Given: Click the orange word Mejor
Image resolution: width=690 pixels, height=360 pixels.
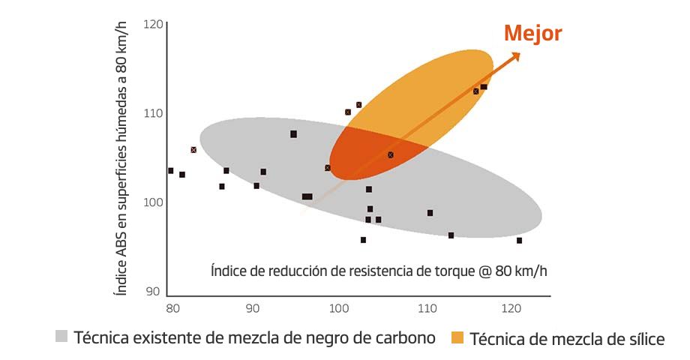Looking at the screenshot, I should click(x=532, y=33).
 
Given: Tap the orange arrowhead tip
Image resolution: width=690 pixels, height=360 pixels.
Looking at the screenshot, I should click(x=519, y=53).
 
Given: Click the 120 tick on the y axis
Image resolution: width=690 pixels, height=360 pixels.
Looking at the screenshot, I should click(x=154, y=25).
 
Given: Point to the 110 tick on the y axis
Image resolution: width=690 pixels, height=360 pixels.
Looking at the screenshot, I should click(x=154, y=113).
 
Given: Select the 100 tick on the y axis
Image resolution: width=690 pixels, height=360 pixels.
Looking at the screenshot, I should click(x=154, y=202).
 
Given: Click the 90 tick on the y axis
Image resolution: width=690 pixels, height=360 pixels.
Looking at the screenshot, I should click(x=154, y=291).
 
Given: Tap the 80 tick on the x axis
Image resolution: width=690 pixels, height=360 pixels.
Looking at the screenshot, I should click(x=171, y=307).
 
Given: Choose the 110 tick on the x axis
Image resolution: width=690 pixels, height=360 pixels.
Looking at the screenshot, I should click(x=427, y=307).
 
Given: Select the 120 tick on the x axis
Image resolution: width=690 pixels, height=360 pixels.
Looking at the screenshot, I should click(x=512, y=307).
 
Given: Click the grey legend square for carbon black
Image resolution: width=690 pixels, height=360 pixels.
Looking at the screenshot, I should click(x=61, y=336).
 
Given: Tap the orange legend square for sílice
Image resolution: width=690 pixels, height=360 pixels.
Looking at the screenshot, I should click(x=457, y=337).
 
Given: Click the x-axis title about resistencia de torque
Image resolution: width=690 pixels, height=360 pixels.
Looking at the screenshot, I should click(x=379, y=270).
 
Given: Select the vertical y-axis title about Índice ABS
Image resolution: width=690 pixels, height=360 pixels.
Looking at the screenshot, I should click(x=120, y=157).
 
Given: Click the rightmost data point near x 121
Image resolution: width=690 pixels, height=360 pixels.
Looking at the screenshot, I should click(x=519, y=241).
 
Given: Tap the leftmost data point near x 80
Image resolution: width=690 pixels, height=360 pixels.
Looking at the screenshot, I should click(x=171, y=171).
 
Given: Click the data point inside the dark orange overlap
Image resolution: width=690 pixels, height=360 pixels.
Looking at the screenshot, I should click(x=391, y=155).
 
